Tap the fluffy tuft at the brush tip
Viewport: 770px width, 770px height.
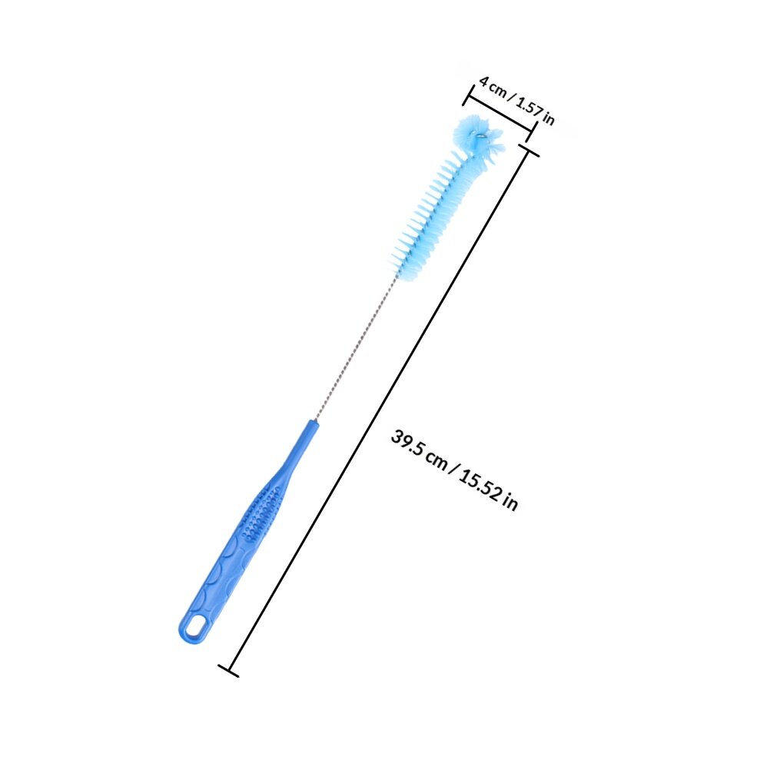pyautogui.click(x=478, y=138)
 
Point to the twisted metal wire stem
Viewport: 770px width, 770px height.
pyautogui.click(x=356, y=347)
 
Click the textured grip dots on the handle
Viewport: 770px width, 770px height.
pyautogui.click(x=263, y=513)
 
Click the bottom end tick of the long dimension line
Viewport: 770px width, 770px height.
pyautogui.click(x=228, y=671)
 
